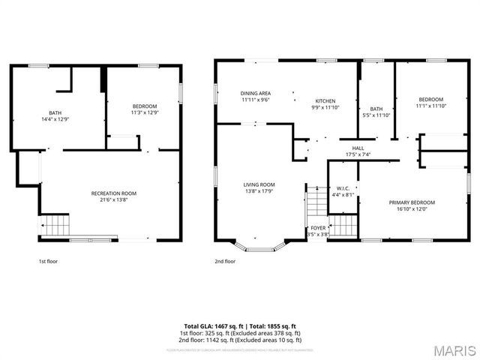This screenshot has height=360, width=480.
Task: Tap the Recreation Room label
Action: [x=114, y=193]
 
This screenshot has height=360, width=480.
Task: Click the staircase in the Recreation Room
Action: [x=55, y=224]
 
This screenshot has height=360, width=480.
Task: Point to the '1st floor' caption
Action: [x=48, y=262]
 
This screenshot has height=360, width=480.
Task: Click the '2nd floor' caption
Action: [x=225, y=262]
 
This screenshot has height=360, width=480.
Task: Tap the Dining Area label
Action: [x=256, y=93]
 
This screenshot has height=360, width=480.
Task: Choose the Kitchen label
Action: [x=325, y=101]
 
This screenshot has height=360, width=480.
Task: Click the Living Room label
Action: [x=259, y=184]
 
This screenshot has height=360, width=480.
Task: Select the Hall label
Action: [x=358, y=148]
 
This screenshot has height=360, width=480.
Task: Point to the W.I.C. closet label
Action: [x=343, y=188]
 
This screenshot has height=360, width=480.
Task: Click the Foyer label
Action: [x=319, y=228]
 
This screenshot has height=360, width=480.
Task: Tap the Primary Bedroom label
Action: [x=411, y=202]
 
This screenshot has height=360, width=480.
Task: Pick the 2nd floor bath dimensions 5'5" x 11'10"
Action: [x=376, y=115]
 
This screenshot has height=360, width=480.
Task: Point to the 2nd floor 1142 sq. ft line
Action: [x=240, y=339]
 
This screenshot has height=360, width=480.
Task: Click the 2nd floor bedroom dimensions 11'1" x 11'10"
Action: [x=430, y=106]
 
